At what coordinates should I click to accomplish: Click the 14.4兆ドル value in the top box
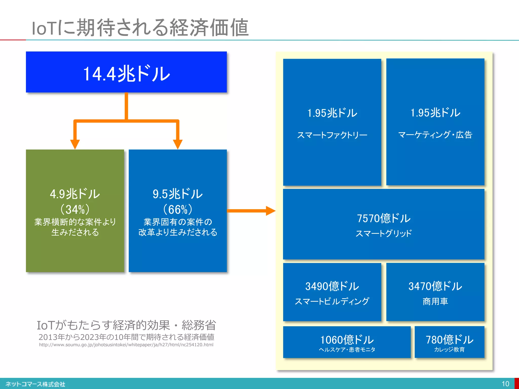[x=126, y=74]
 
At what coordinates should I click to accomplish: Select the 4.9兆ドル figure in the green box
[x=75, y=194]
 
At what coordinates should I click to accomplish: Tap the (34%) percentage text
[x=75, y=209]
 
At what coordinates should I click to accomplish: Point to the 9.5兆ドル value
[x=177, y=194]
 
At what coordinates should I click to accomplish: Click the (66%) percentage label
[x=177, y=209]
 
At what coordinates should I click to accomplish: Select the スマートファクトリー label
[x=332, y=135]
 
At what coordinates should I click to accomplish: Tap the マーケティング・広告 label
[x=435, y=135]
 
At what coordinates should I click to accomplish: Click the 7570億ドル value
[x=383, y=218]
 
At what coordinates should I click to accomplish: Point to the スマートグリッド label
[x=383, y=233]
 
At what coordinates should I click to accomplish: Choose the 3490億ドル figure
[x=332, y=286]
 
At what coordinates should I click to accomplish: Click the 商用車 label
[x=435, y=301]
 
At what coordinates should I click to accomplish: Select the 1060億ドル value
[x=347, y=340]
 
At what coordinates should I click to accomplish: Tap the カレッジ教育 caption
[x=449, y=350]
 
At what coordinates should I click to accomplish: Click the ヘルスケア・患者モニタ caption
[x=347, y=350]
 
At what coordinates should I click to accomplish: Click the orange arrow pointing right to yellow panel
[x=270, y=211]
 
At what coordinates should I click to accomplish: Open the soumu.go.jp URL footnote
[x=126, y=345]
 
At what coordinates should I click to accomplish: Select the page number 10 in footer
[x=505, y=384]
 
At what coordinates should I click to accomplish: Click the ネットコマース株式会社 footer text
[x=35, y=384]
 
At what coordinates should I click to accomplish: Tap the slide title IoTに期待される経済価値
[x=140, y=27]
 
